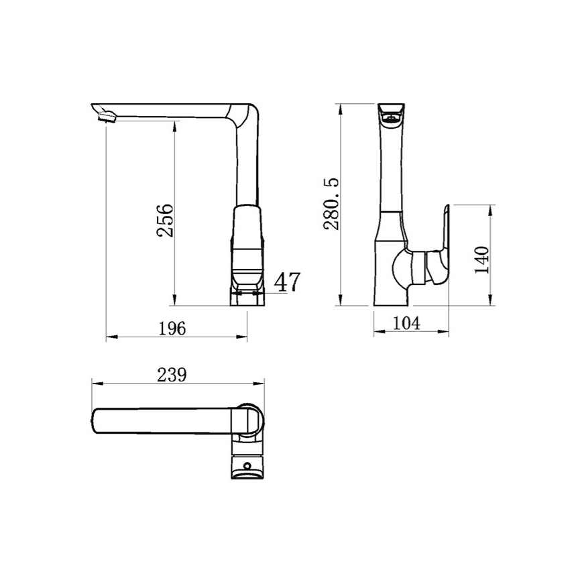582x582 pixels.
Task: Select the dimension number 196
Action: tap(172, 328)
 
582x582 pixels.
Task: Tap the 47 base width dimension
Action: tap(286, 282)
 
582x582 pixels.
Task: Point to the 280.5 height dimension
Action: tap(331, 204)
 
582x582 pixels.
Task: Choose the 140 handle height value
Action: tap(482, 259)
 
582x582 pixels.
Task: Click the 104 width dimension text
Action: tap(406, 323)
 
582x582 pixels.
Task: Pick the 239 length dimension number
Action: tap(172, 375)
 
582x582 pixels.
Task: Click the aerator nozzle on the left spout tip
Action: tap(107, 117)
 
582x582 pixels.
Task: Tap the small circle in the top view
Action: tap(247, 465)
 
